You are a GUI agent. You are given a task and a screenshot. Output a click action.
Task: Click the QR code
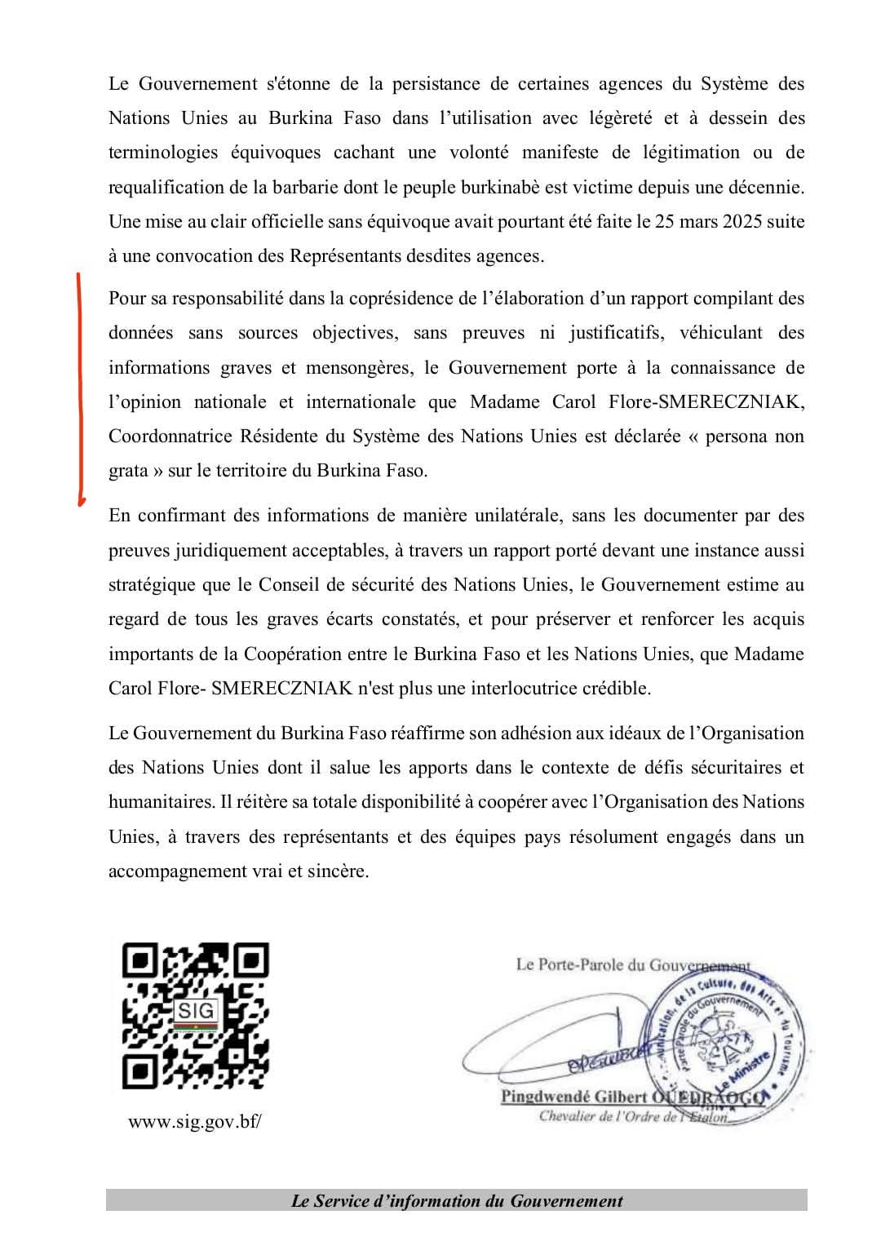click(x=195, y=1016)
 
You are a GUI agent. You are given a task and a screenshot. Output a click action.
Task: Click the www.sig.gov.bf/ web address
click(x=195, y=1121)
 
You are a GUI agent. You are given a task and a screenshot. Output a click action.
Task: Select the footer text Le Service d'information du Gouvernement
click(x=456, y=1200)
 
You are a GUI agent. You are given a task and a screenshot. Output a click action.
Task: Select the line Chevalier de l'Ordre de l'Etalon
click(x=633, y=1116)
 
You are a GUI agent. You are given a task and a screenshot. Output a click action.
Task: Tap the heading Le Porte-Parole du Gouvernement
click(x=632, y=964)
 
